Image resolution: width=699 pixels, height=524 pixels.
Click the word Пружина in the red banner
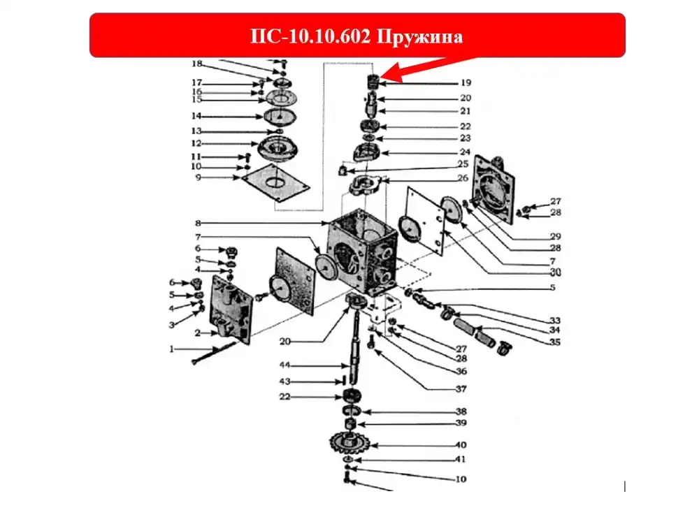(420, 37)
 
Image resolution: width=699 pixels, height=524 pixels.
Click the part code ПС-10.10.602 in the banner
(310, 36)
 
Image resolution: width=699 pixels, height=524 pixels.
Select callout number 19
(466, 83)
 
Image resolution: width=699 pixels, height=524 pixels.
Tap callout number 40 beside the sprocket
(461, 444)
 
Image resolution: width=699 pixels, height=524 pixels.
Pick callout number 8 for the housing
(198, 223)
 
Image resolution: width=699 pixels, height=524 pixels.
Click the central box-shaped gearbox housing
(362, 252)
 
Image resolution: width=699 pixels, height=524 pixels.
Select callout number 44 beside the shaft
(285, 365)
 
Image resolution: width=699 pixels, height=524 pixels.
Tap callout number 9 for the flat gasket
(199, 177)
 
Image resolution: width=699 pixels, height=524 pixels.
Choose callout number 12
(196, 143)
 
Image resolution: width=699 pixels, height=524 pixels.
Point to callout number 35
(554, 342)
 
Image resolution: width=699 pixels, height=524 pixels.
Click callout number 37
(461, 389)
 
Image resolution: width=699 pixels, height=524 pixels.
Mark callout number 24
(465, 152)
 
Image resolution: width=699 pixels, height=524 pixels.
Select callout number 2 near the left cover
(198, 333)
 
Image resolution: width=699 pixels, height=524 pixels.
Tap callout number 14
(196, 116)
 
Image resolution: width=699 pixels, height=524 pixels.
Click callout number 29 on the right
(555, 236)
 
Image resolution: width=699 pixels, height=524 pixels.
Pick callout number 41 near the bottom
(461, 459)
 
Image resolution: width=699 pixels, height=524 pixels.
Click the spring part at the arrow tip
(373, 82)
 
